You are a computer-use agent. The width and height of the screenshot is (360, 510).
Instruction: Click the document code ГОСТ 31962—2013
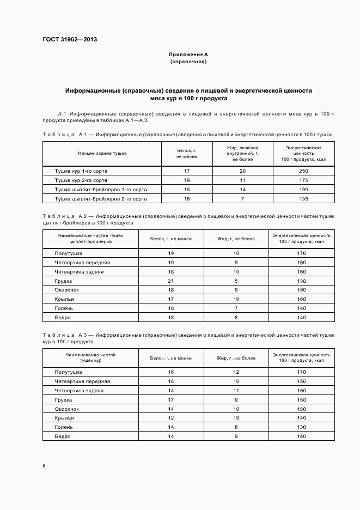(69, 39)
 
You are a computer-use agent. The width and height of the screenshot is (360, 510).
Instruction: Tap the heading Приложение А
(188, 55)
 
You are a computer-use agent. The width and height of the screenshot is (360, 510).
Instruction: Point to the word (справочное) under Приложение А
(188, 62)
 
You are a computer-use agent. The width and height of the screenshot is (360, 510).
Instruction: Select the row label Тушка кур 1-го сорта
(81, 171)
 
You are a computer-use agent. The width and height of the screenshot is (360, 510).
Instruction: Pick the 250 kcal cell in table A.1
(304, 171)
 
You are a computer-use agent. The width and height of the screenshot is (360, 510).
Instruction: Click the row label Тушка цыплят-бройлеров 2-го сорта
(101, 199)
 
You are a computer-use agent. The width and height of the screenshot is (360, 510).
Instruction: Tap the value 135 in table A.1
(304, 199)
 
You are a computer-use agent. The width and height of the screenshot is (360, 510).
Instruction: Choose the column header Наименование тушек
(102, 153)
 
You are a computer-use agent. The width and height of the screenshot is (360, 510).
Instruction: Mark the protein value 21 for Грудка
(170, 281)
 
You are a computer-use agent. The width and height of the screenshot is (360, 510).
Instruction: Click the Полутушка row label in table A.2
(69, 253)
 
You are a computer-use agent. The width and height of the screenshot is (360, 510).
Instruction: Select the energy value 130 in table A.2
(302, 281)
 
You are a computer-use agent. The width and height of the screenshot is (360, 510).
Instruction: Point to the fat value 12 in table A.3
(236, 372)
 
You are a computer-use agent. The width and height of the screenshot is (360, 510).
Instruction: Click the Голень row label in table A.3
(64, 427)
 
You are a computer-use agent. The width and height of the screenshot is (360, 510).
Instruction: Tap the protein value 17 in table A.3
(170, 399)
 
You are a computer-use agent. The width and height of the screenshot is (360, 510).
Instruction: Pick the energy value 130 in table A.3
(302, 427)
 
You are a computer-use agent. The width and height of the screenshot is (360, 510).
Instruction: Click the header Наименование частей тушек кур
(90, 357)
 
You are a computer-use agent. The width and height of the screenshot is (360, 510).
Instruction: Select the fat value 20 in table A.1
(242, 171)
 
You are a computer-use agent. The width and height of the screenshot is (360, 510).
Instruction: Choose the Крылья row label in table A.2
(64, 299)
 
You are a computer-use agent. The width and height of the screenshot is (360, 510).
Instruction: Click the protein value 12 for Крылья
(170, 418)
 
